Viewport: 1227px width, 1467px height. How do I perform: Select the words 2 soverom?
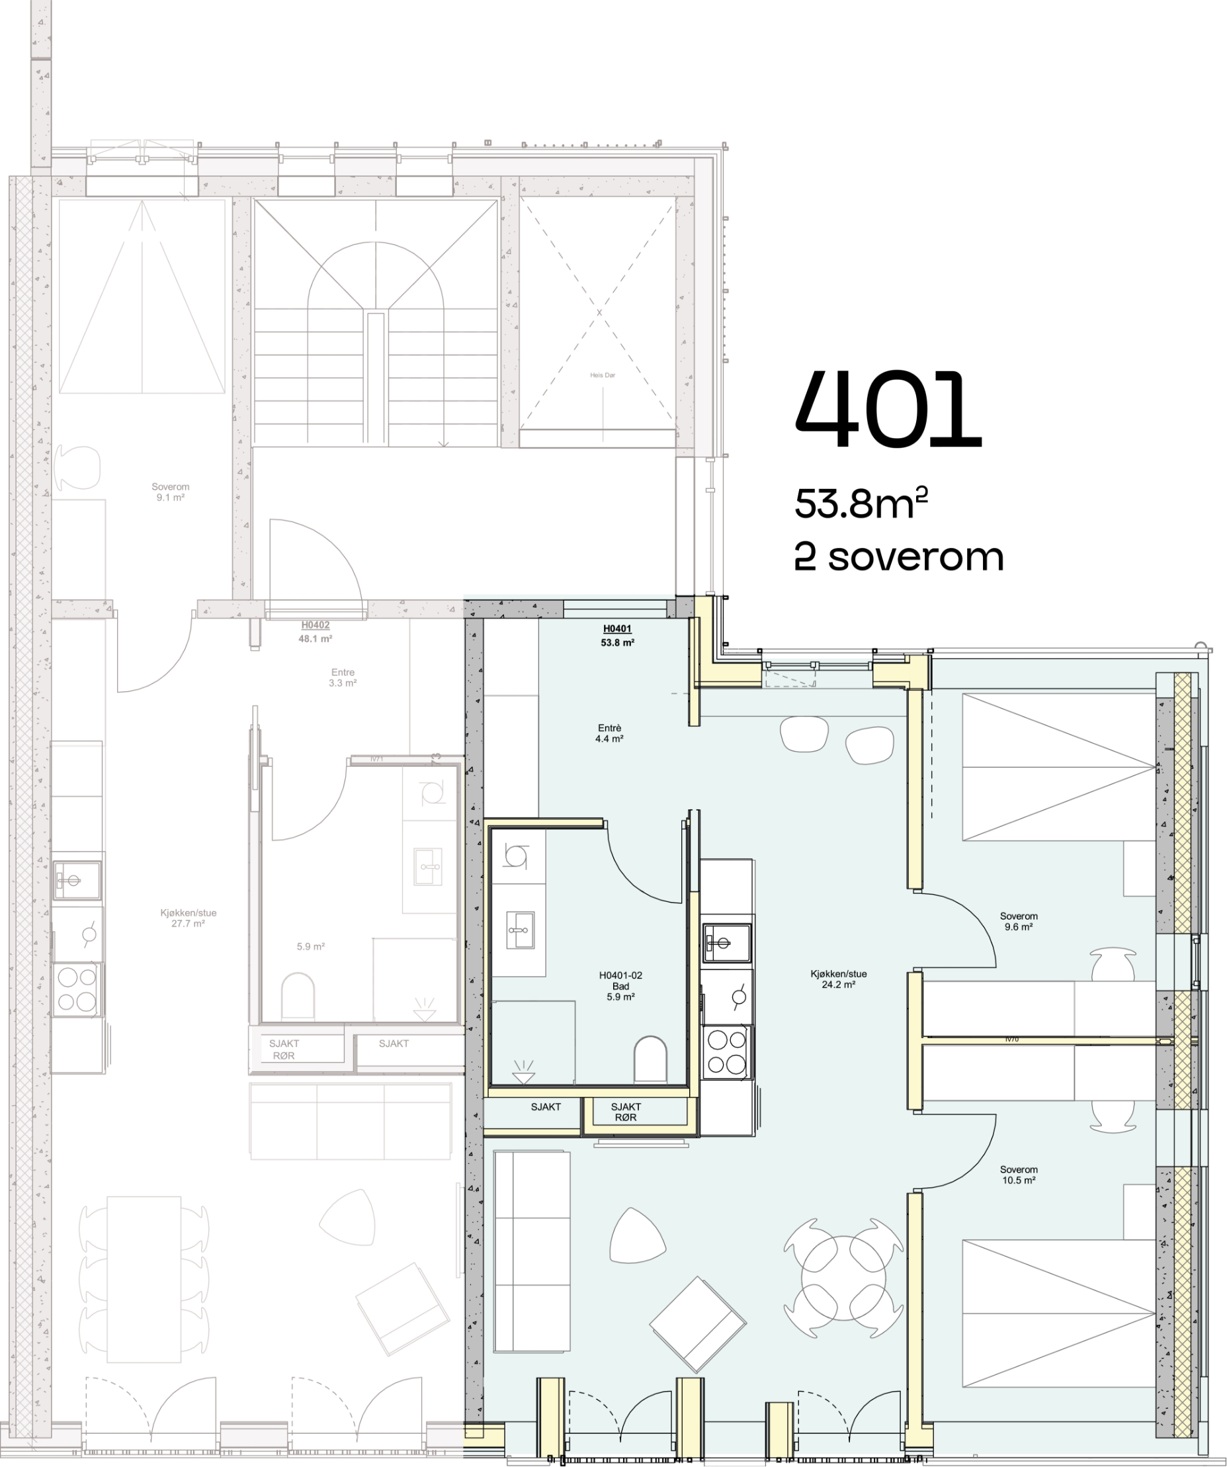click(x=899, y=557)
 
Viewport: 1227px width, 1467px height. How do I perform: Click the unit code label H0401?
click(x=616, y=629)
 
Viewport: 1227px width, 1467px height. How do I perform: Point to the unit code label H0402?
click(x=315, y=625)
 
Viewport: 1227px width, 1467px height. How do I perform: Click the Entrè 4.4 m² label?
click(x=609, y=733)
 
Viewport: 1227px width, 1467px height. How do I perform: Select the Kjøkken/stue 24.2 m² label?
click(x=838, y=979)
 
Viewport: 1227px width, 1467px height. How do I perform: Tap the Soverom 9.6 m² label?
click(x=1018, y=920)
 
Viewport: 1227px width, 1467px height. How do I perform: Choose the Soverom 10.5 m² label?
click(x=1018, y=1175)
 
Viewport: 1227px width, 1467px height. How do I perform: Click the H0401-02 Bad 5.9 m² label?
click(x=620, y=986)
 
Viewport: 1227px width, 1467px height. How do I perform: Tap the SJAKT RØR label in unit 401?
click(x=625, y=1112)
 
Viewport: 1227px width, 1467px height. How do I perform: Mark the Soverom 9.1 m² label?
click(x=171, y=492)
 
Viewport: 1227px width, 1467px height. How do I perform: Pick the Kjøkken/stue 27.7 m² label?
click(x=188, y=918)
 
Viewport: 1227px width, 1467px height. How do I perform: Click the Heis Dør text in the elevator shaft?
click(x=602, y=375)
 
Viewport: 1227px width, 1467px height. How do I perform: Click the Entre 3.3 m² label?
click(x=342, y=678)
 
